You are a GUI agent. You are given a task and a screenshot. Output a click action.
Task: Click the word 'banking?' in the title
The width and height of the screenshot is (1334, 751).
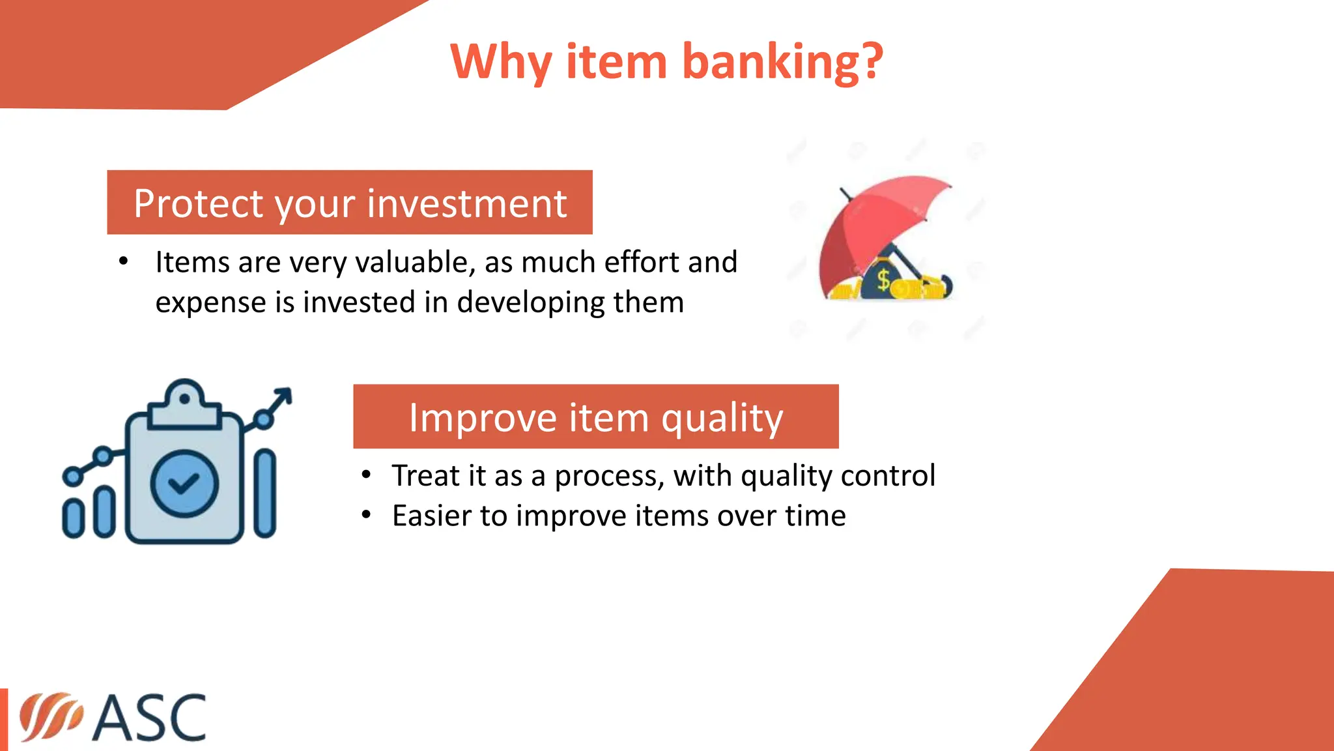click(x=782, y=62)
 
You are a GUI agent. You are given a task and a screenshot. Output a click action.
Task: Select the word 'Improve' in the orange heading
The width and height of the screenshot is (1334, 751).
click(x=482, y=417)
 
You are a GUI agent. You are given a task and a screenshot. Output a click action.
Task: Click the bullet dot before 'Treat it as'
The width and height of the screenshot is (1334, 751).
click(x=367, y=475)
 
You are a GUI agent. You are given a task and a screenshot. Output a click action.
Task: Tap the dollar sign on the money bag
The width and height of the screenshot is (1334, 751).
click(x=883, y=280)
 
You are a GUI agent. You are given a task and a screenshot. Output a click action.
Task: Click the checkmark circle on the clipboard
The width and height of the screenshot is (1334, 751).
click(x=184, y=483)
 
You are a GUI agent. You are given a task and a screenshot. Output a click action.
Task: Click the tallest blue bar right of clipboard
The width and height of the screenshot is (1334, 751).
click(x=265, y=493)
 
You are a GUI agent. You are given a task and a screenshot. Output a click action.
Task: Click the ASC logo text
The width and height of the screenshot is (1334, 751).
click(x=149, y=718)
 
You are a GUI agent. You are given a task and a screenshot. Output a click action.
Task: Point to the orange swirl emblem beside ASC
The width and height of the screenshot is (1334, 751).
click(x=50, y=717)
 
